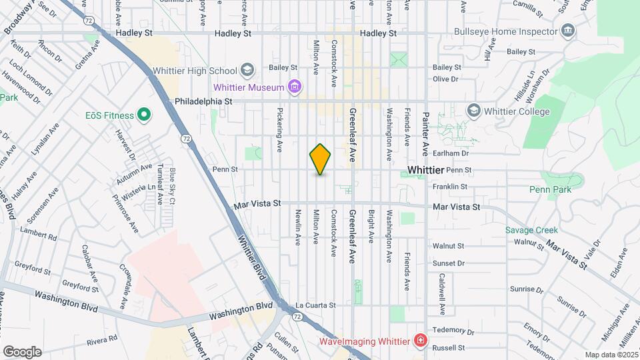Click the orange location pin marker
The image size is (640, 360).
click(321, 159)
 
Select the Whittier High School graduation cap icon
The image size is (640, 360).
click(247, 70)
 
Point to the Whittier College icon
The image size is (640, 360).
click(474, 111)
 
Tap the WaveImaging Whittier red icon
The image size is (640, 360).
click(419, 341)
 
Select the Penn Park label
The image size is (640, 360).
click(550, 190)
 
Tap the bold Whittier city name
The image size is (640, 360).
click(425, 170)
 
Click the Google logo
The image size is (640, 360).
click(22, 351)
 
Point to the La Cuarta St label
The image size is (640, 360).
click(315, 305)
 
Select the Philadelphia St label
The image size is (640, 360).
click(203, 101)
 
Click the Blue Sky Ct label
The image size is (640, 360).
click(173, 186)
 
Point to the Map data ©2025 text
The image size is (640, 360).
click(610, 355)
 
